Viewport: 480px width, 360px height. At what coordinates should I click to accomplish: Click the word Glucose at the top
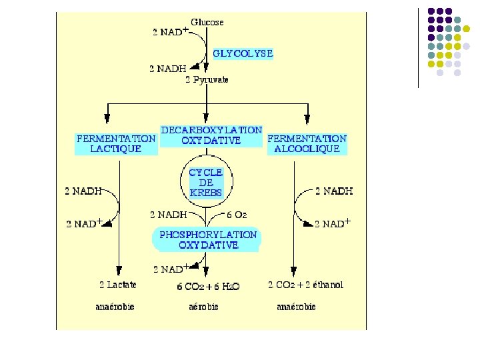point(207,22)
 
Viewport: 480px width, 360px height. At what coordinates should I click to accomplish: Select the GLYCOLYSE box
point(243,53)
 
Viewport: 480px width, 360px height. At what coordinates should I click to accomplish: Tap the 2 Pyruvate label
point(207,80)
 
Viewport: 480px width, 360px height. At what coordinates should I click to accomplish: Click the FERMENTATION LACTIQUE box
point(117,143)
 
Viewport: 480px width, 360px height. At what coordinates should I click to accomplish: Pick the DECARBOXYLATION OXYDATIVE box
point(211,135)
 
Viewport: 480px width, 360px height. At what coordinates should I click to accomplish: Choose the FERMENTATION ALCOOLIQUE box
point(307,143)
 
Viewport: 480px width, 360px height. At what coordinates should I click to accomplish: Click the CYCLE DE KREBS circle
point(205,182)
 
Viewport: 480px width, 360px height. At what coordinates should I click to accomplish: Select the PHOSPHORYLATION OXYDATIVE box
point(208,239)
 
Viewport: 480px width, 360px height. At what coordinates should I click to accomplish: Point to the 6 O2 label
point(237,215)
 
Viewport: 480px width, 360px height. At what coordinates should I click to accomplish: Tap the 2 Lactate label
point(118,285)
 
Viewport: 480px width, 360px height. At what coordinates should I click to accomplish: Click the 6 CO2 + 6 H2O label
point(207,286)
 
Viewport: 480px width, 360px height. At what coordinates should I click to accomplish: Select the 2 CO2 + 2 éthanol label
point(306,285)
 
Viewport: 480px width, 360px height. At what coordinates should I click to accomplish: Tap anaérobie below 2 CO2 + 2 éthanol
point(296,307)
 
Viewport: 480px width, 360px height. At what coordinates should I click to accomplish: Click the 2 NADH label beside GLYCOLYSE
point(168,67)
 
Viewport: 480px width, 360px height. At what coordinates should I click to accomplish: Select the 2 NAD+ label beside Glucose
point(169,32)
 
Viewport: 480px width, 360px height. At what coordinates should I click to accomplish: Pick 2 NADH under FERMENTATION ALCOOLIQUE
point(334,191)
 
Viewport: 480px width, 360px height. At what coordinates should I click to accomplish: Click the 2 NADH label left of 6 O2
point(169,215)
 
